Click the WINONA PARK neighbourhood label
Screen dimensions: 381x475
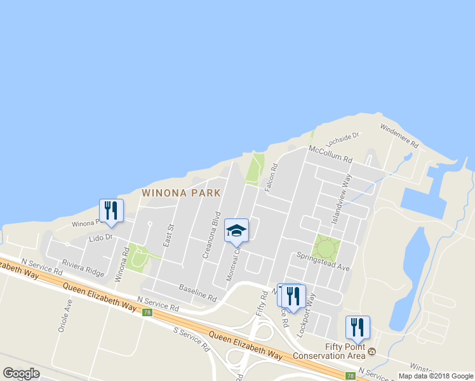(181, 192)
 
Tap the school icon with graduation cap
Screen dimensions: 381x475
(236, 231)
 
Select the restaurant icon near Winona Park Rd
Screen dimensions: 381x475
(111, 211)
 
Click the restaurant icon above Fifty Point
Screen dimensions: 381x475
(357, 328)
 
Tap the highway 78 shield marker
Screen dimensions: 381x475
(147, 312)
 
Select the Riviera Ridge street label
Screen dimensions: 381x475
(83, 269)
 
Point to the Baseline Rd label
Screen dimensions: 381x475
(197, 293)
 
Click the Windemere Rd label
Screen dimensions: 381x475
(399, 136)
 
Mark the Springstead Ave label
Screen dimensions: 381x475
(323, 261)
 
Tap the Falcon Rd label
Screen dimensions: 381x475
(271, 175)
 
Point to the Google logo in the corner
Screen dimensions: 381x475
(22, 373)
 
